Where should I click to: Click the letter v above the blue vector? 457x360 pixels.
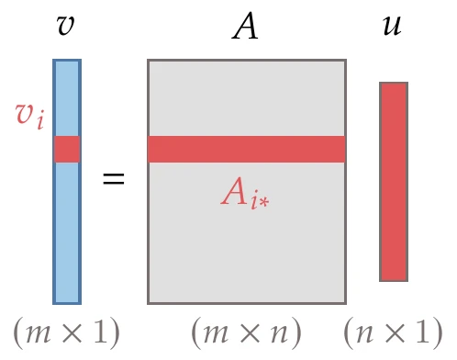(x=65, y=26)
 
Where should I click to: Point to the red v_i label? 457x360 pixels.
(x=29, y=115)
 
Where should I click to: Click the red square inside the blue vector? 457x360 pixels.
(x=67, y=149)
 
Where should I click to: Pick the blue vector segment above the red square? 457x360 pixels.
(x=67, y=97)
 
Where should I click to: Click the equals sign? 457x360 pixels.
(x=113, y=179)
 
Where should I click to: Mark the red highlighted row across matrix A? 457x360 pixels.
(x=246, y=149)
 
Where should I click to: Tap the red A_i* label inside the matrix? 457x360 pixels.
(x=244, y=193)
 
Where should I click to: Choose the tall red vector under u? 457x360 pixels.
(x=393, y=181)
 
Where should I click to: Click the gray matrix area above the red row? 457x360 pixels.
(x=246, y=97)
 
